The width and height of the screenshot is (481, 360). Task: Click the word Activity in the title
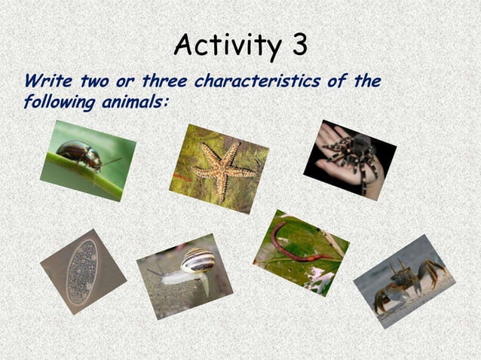tap(222, 46)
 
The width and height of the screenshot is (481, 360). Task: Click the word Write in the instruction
tap(46, 81)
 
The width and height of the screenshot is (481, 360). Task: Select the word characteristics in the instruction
tap(262, 81)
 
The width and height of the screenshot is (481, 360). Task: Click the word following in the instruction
tap(57, 101)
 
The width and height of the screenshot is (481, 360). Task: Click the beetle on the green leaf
tap(78, 154)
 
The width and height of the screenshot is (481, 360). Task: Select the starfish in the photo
tap(221, 170)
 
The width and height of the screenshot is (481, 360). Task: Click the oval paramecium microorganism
tap(81, 271)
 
